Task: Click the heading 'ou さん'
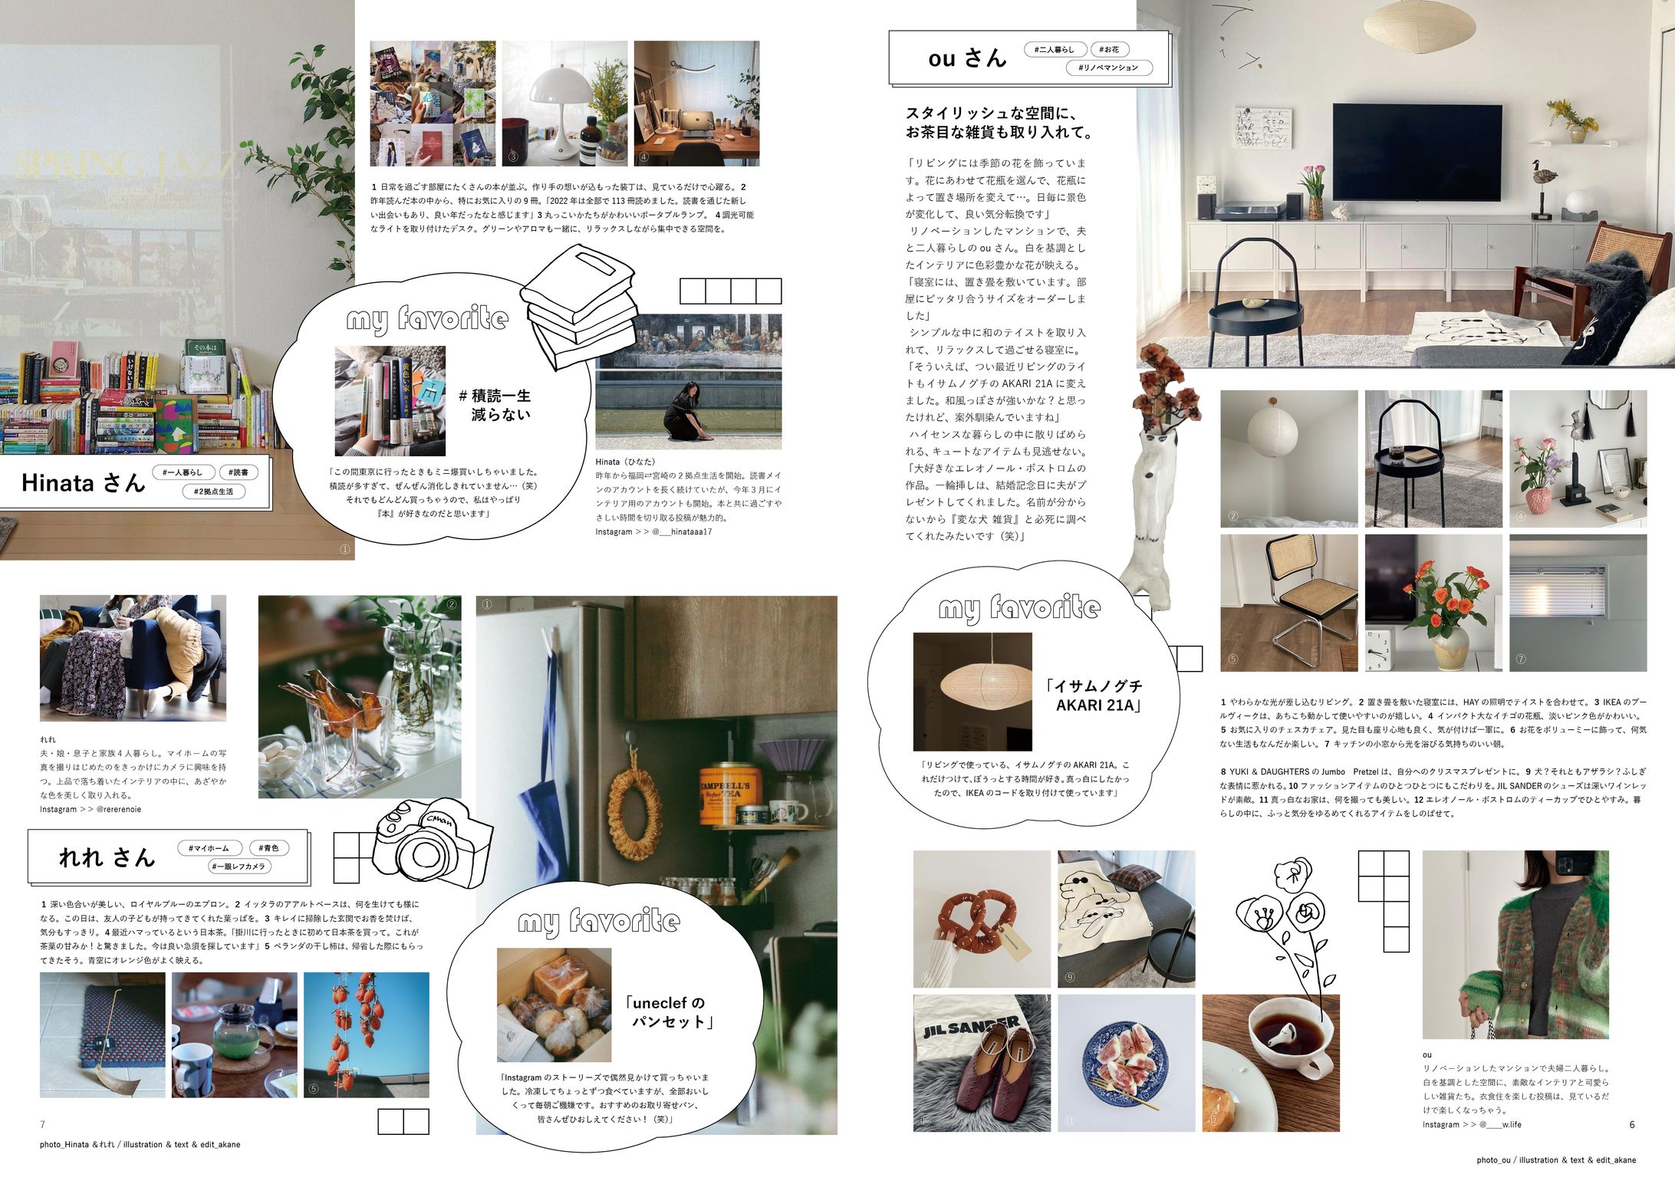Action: (x=966, y=58)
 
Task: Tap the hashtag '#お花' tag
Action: (x=1109, y=50)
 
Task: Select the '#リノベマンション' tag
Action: (x=1108, y=68)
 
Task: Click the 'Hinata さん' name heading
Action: (x=83, y=482)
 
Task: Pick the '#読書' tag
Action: (x=239, y=472)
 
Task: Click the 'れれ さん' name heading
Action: (x=107, y=857)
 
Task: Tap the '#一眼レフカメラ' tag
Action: (x=240, y=867)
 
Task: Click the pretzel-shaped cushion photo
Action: (x=982, y=918)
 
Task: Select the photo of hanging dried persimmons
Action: (x=366, y=1035)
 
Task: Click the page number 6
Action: (x=1631, y=1124)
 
